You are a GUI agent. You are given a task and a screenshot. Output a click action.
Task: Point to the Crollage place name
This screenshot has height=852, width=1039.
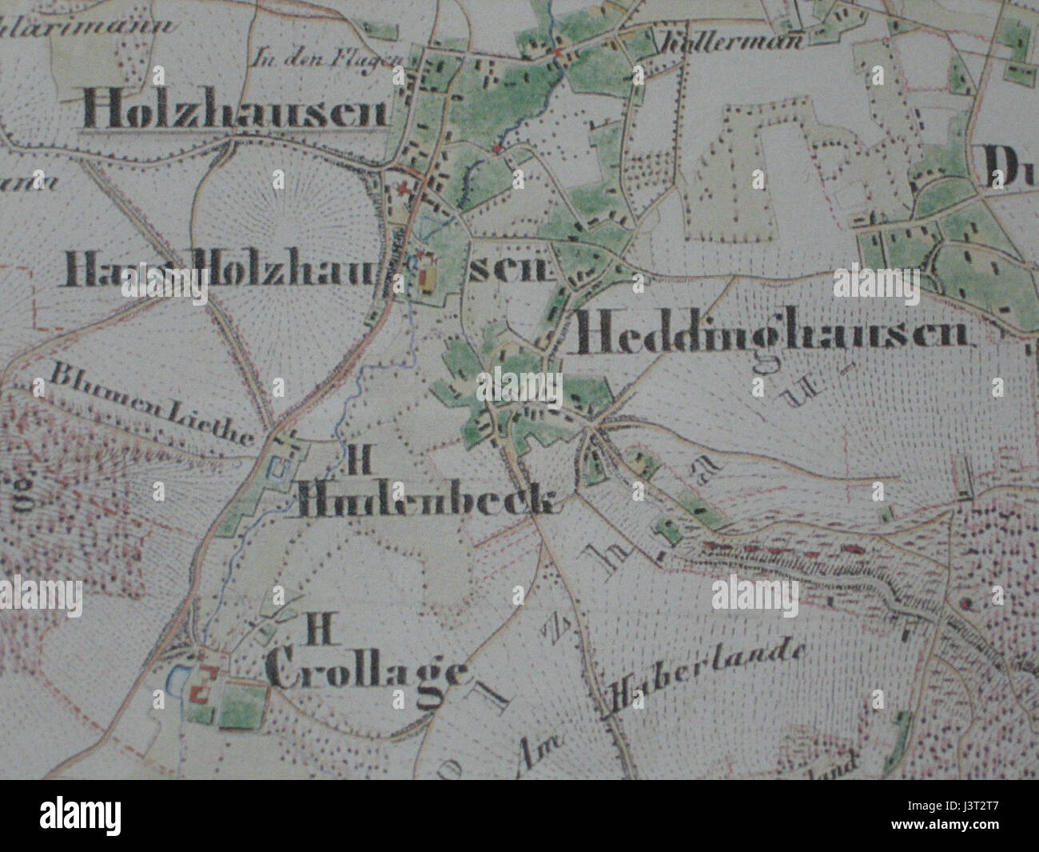pyautogui.click(x=368, y=673)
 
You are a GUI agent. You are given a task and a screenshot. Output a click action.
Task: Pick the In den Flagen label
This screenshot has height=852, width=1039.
pyautogui.click(x=323, y=58)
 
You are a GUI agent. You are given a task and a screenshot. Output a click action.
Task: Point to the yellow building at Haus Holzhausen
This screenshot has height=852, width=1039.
pyautogui.click(x=429, y=276)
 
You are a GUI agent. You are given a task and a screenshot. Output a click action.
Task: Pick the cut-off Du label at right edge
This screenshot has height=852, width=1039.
pyautogui.click(x=1010, y=166)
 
